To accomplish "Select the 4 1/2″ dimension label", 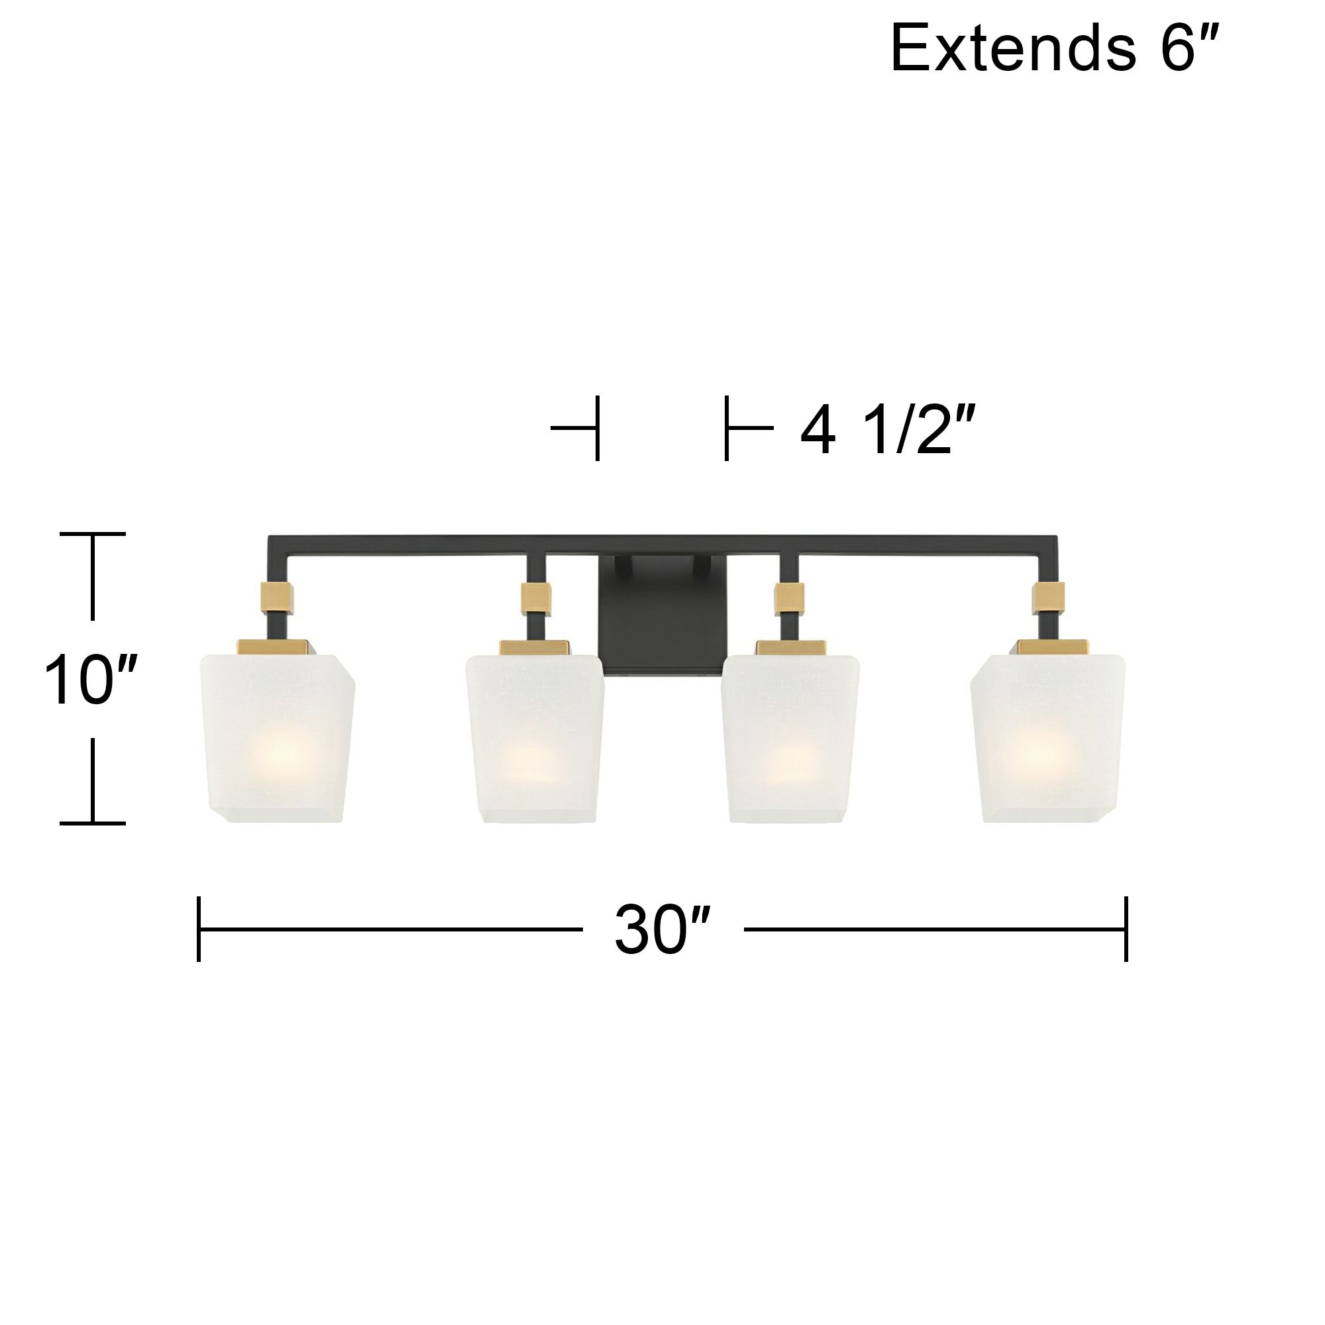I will [x=888, y=431].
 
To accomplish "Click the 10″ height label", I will [x=91, y=680].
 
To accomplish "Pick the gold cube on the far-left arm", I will [x=277, y=598].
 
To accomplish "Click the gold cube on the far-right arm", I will [x=1047, y=598].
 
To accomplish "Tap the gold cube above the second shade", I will [x=537, y=598].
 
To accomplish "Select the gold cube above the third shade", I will [x=790, y=598].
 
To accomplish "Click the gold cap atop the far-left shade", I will [x=273, y=647].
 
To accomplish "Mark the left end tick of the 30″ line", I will [x=199, y=929].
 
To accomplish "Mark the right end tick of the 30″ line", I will [x=1126, y=929].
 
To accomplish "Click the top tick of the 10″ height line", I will [x=93, y=533].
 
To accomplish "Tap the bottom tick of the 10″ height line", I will [x=93, y=822].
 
